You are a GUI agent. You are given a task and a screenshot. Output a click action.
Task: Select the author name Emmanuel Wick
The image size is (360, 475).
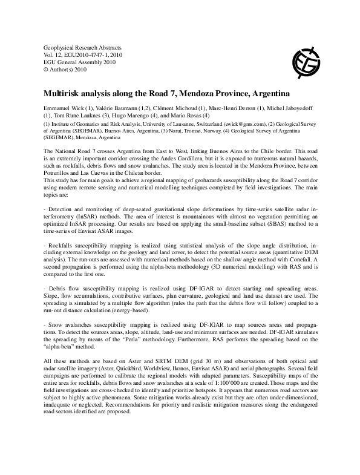[64, 108]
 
